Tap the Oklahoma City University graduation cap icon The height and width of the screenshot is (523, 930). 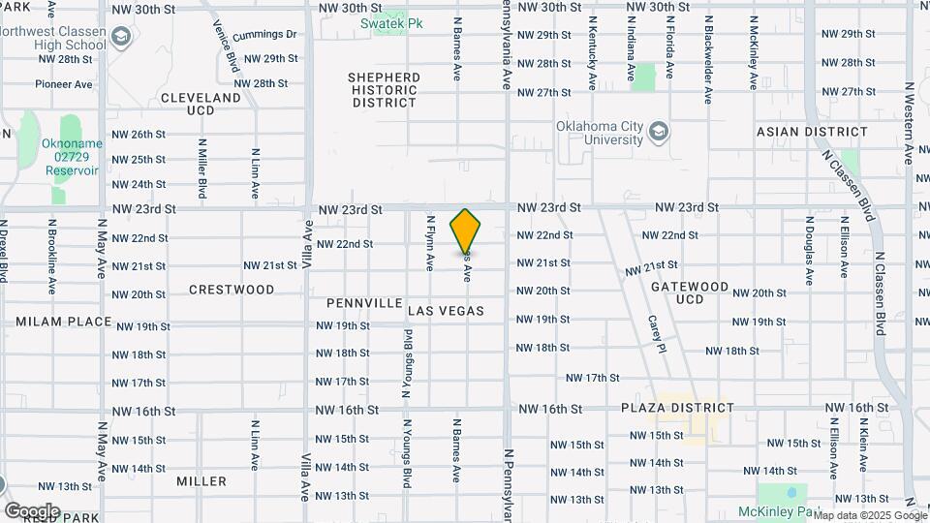(x=659, y=131)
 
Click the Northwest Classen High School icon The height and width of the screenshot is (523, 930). (x=121, y=38)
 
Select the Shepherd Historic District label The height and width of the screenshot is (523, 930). (x=385, y=90)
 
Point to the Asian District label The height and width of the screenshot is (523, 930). (x=813, y=132)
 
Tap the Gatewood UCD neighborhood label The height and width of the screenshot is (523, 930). (x=690, y=292)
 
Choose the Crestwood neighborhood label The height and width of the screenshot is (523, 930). (x=232, y=290)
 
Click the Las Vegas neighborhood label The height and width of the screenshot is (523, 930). (x=446, y=311)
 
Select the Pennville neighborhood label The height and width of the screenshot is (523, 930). (x=364, y=303)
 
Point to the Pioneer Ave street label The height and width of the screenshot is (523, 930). (x=64, y=84)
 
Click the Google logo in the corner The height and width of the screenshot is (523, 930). (x=32, y=510)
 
